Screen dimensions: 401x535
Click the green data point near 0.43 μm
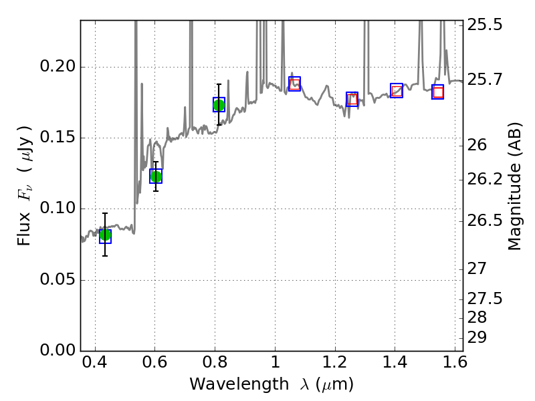[105, 235]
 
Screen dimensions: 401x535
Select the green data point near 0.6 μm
[156, 176]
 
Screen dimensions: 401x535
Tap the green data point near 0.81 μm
[219, 105]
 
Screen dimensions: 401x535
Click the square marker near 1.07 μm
[294, 84]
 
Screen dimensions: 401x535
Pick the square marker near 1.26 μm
[352, 99]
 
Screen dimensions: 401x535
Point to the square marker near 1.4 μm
[397, 90]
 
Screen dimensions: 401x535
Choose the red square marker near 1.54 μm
[438, 92]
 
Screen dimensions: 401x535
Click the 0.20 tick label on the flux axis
[60, 68]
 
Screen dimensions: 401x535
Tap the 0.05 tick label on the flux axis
[60, 280]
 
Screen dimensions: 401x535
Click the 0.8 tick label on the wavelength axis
[215, 366]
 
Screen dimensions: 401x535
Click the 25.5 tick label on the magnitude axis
[487, 25]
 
